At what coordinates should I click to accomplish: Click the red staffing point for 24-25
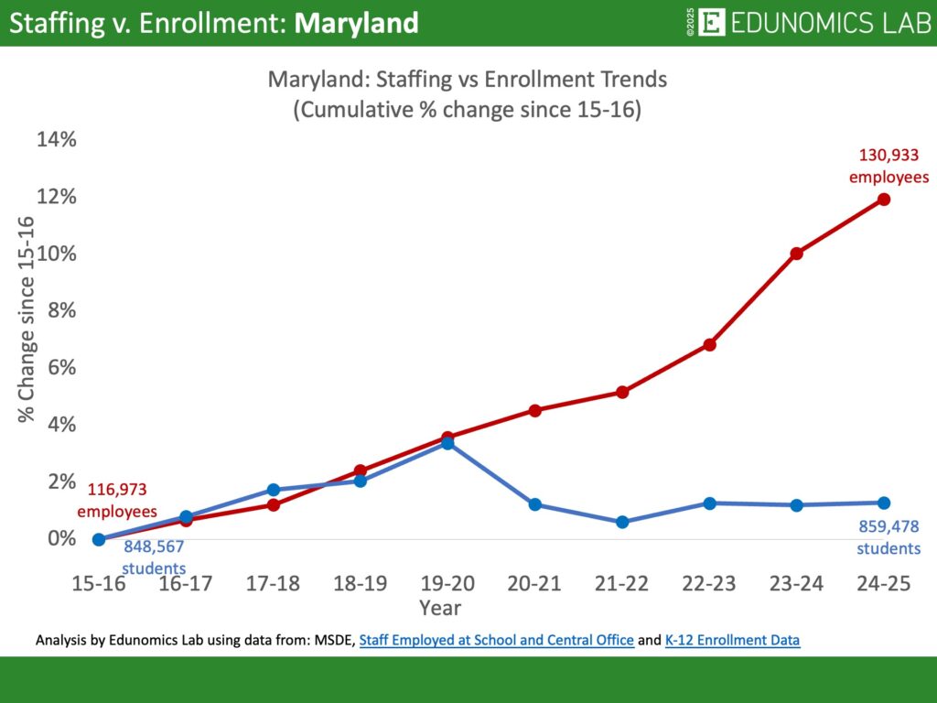click(883, 199)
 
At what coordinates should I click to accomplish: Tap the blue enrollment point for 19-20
click(447, 443)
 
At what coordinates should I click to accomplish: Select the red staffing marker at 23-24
click(796, 254)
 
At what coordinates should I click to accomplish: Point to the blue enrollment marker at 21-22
click(622, 522)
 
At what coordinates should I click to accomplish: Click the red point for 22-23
click(709, 344)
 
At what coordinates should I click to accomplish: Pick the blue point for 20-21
click(535, 504)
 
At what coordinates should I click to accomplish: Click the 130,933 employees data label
click(889, 166)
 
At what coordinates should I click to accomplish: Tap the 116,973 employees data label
click(117, 501)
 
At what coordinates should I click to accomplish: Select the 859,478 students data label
click(889, 537)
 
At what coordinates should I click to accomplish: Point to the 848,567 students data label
click(154, 557)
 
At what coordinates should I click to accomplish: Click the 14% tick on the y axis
click(57, 140)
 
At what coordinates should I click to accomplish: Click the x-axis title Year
click(440, 607)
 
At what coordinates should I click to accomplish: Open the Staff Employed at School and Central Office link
click(496, 641)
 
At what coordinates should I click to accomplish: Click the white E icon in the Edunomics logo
click(711, 23)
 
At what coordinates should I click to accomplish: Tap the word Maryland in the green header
click(357, 23)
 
